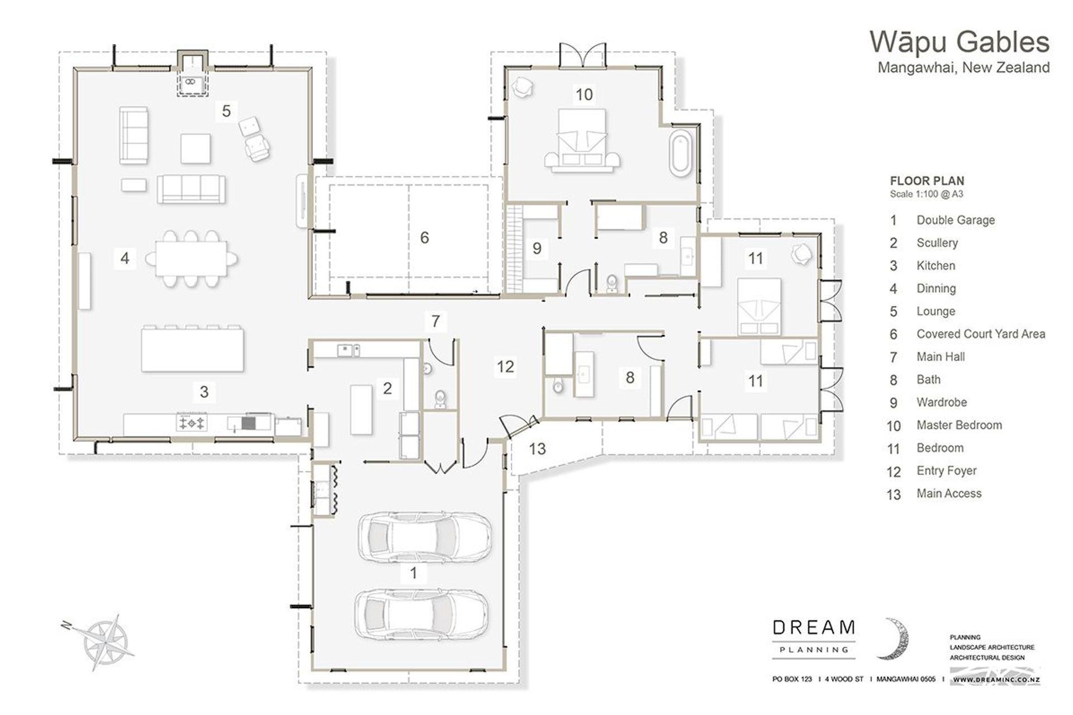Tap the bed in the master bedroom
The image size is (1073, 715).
tap(582, 140)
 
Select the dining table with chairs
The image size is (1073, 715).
tap(192, 259)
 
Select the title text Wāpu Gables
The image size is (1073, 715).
tap(959, 42)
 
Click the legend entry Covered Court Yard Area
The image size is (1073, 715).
tap(980, 334)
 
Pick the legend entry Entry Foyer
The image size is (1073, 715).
tap(946, 471)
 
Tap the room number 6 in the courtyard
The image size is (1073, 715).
tap(424, 238)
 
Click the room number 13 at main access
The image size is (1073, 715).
tap(537, 449)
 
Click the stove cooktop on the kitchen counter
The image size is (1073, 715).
tap(192, 423)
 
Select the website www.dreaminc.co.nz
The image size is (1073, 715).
tap(996, 680)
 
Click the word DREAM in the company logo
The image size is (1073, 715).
tap(813, 628)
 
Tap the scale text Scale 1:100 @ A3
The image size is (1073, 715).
tap(926, 194)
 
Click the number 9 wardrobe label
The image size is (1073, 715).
tap(536, 248)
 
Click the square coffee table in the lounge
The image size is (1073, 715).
tap(196, 148)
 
